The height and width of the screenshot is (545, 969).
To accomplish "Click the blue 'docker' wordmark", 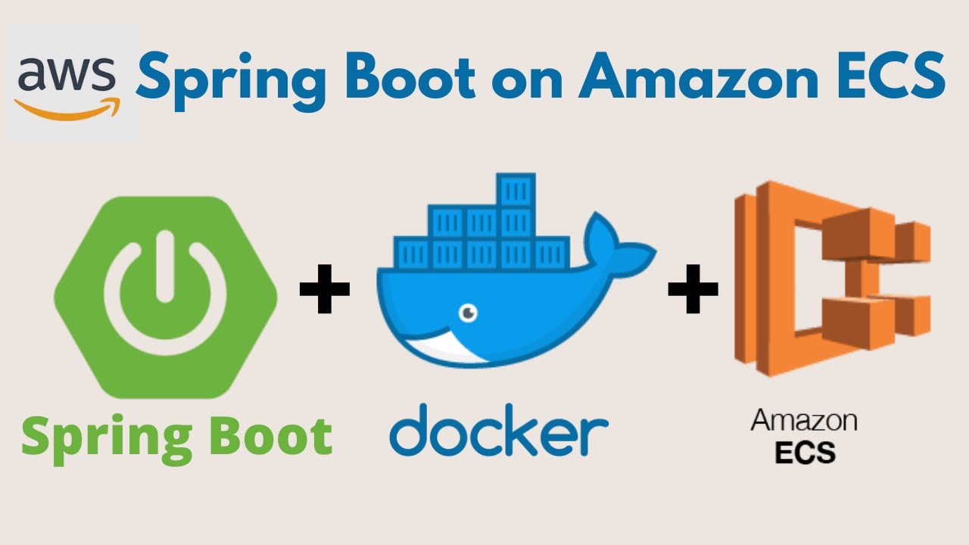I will point(499,432).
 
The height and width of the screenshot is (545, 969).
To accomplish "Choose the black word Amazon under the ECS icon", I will point(803,421).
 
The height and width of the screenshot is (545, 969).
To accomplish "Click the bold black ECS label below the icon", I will point(805,452).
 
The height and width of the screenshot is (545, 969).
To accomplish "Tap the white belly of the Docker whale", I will point(439,344).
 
